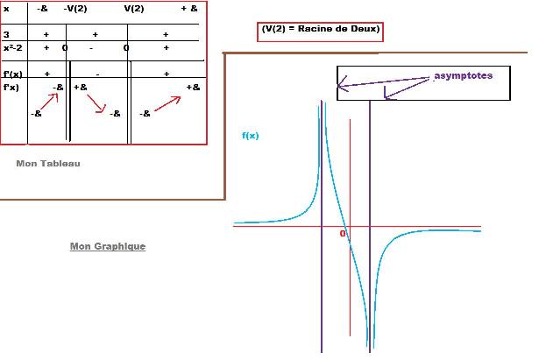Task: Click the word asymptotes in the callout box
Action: coord(464,76)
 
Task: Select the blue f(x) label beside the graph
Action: coord(250,136)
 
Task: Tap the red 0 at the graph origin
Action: coord(343,233)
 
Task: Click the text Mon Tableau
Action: coord(48,164)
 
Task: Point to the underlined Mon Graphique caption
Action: coord(108,246)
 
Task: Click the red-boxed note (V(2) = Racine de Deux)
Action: coord(321,30)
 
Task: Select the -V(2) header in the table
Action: coord(75,8)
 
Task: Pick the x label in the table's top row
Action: coord(6,8)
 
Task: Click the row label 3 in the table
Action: coord(6,34)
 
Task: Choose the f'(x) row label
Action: coord(13,74)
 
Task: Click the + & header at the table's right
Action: coord(189,8)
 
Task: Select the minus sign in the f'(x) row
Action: coord(97,74)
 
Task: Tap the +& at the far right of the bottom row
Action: coord(193,88)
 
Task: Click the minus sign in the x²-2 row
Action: coord(90,47)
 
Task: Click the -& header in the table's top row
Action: coord(43,8)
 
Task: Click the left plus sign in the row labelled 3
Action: coord(46,34)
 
